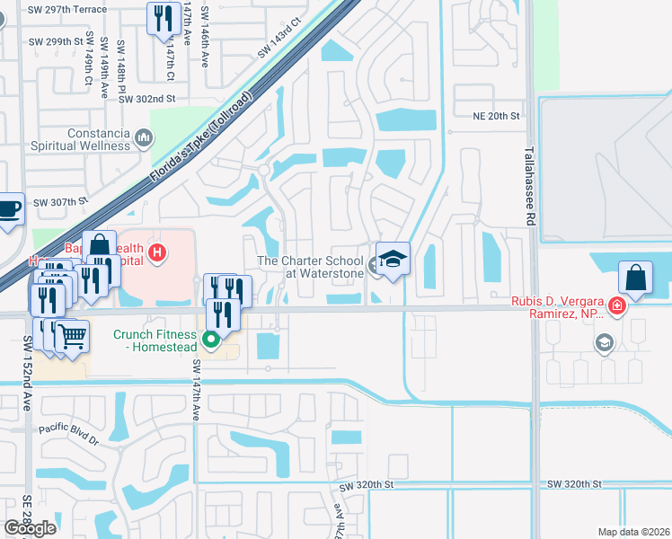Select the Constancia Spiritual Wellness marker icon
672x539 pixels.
tap(144, 137)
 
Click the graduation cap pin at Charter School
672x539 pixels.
tap(393, 260)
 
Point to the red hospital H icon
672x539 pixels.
tap(158, 252)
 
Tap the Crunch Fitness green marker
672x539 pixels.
tap(211, 340)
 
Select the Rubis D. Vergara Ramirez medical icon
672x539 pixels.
tap(616, 306)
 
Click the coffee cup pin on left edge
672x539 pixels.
tap(9, 208)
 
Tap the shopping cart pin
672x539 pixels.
tap(72, 336)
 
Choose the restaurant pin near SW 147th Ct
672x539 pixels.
tap(164, 18)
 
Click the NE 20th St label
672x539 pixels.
tap(497, 116)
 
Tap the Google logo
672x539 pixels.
tap(31, 528)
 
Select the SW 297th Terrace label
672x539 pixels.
tap(67, 10)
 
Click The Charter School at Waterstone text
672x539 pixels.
tap(310, 267)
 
